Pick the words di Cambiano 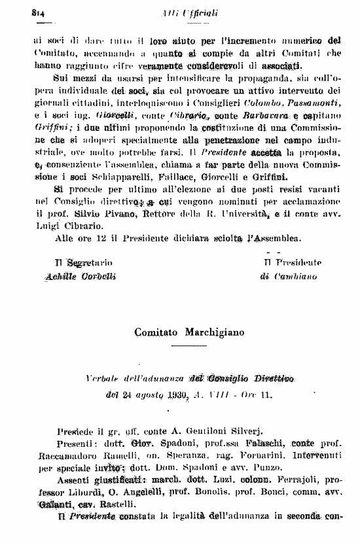point(289,277)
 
